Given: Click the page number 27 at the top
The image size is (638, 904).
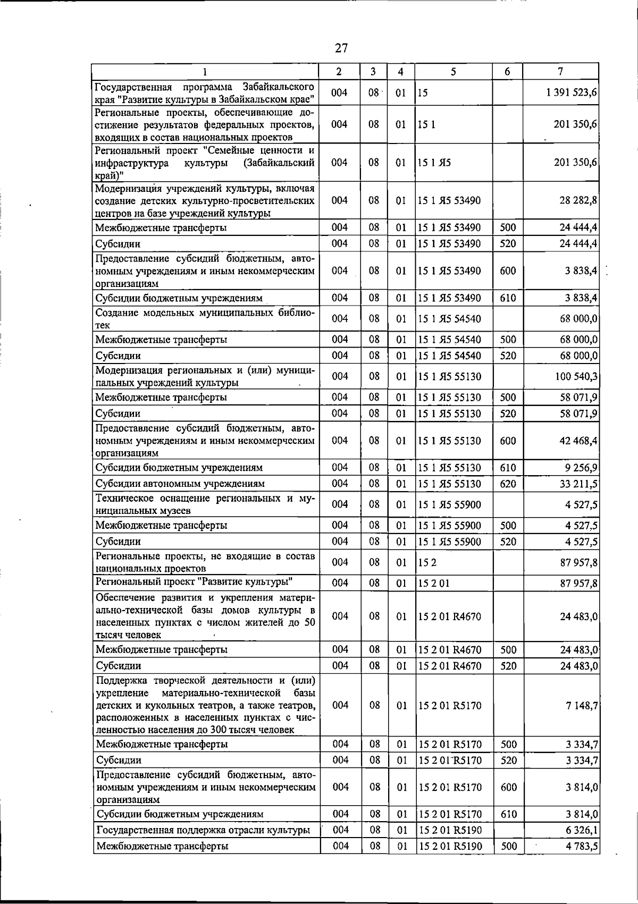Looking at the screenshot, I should click(x=341, y=48).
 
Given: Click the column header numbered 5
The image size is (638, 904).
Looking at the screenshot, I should click(x=453, y=71).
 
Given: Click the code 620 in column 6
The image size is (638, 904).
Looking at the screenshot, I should click(x=508, y=484).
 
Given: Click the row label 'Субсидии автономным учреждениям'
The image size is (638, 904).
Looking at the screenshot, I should click(x=180, y=484).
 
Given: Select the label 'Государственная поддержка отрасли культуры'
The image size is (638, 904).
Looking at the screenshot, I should click(x=202, y=830).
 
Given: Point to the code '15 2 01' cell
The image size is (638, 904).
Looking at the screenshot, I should click(x=434, y=584).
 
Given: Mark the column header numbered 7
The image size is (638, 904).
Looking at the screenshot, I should click(x=560, y=71).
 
